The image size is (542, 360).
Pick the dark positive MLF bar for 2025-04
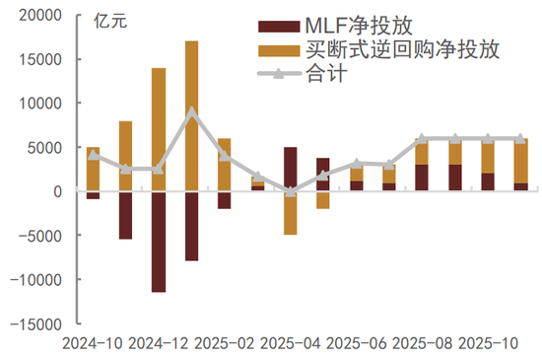point(290,169)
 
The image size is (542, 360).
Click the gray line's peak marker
point(191,111)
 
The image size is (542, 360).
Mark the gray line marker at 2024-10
point(93,155)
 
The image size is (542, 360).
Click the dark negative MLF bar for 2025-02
point(225,199)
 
